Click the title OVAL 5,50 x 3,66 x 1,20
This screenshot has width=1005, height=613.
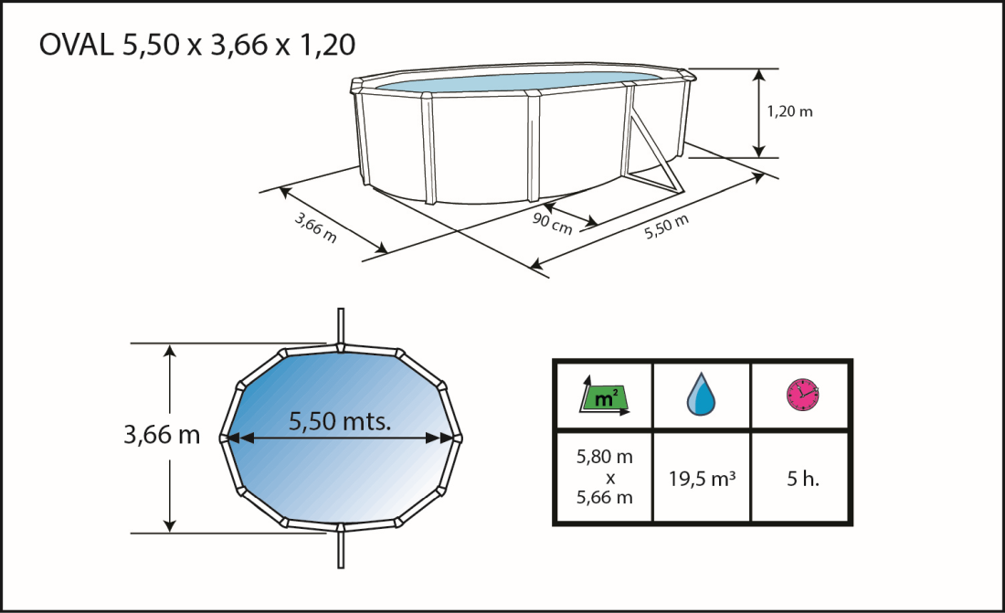point(197,45)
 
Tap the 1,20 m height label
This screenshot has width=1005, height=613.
point(789,112)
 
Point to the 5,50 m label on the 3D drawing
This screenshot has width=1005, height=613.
point(666,225)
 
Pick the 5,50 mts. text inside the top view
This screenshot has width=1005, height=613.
point(340,421)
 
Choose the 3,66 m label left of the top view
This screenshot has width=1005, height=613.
point(162,435)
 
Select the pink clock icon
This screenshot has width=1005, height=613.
point(802,395)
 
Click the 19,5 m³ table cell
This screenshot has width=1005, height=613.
point(702,478)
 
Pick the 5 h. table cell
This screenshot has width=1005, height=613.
point(802,478)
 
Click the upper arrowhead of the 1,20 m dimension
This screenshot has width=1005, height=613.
point(757,76)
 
